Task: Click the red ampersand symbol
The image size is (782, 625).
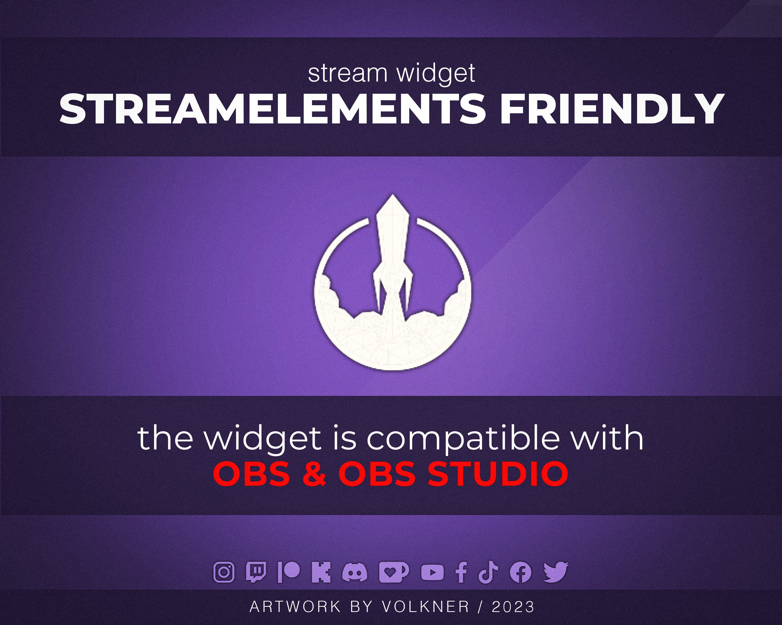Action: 314,474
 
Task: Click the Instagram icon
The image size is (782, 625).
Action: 224,572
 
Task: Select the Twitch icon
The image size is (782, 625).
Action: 256,572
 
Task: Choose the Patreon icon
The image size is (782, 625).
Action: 289,572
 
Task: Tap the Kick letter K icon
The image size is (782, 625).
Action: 321,572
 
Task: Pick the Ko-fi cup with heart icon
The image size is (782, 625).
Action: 393,572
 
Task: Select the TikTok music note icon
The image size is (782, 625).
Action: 488,572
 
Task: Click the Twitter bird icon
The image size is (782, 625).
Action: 556,572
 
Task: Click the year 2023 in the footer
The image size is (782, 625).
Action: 513,607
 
